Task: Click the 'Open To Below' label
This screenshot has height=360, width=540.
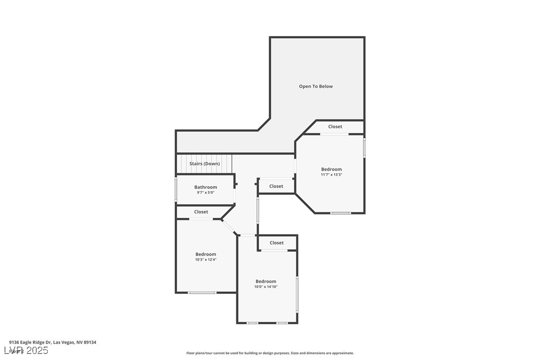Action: pos(316,87)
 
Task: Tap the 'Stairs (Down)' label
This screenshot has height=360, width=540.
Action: pos(204,164)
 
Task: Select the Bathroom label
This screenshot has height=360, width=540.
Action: pos(205,187)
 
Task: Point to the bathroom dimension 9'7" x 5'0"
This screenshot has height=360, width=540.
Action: pos(205,192)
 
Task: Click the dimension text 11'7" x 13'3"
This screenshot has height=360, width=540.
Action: pos(331,175)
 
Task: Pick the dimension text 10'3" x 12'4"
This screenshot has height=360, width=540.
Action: pos(205,260)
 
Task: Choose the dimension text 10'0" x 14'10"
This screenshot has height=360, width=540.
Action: pos(266,287)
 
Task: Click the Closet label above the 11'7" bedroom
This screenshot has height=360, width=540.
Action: pos(335,127)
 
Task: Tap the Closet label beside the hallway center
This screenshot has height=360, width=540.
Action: pos(276,186)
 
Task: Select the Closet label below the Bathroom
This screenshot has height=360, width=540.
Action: pos(201,212)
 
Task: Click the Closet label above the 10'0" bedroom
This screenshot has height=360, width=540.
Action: pos(276,243)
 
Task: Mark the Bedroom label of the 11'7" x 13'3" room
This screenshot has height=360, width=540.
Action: pos(331,169)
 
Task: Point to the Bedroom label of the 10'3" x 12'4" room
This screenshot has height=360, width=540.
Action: pos(205,254)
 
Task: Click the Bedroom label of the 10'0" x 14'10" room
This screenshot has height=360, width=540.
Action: pos(266,281)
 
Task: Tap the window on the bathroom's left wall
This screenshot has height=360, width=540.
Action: pos(176,189)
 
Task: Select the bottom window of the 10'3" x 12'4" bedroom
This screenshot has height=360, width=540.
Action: pos(202,292)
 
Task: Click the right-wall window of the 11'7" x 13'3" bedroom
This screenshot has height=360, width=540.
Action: pos(364,148)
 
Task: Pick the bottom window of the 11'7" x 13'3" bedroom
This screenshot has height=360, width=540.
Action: pos(341,213)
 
